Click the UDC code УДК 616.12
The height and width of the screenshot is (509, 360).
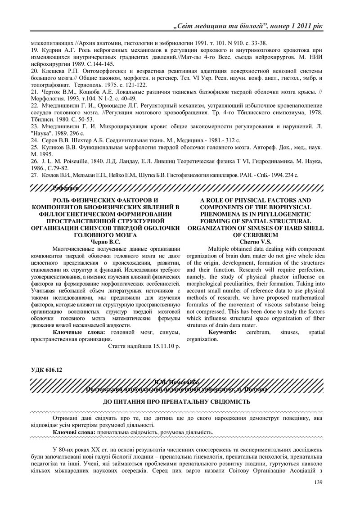click(x=46, y=369)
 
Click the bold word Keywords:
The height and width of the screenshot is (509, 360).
click(x=222, y=332)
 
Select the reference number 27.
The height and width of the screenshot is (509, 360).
click(x=34, y=174)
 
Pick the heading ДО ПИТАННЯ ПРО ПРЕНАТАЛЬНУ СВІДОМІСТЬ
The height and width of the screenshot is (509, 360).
click(x=180, y=401)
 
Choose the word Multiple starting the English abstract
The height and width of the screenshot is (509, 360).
click(x=222, y=248)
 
